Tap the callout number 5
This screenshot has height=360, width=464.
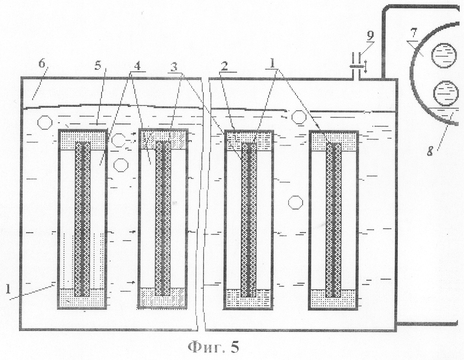tap(98, 66)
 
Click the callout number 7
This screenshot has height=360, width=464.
tap(414, 34)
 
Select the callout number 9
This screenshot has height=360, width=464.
tap(370, 35)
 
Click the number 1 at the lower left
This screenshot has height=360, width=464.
tap(8, 289)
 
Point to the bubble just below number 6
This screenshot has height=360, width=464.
tap(45, 122)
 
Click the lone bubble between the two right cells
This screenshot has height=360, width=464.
tap(295, 203)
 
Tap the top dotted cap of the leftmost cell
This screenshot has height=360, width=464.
tap(82, 140)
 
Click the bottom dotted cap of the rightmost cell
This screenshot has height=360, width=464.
tap(333, 298)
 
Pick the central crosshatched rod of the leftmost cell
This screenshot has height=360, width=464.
tap(82, 219)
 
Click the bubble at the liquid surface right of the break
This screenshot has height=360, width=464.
tap(299, 117)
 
